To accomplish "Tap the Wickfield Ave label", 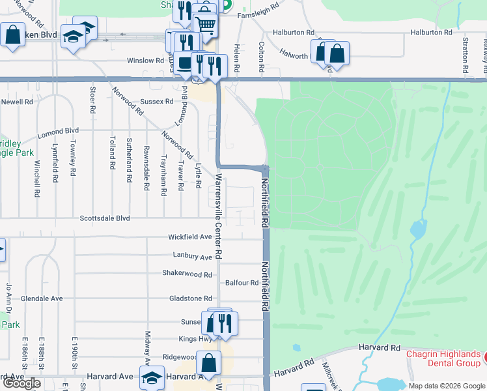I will pyautogui.click(x=190, y=237).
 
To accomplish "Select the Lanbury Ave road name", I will pyautogui.click(x=193, y=257).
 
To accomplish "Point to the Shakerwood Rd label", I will pyautogui.click(x=188, y=274).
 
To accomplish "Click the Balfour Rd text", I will pyautogui.click(x=242, y=283).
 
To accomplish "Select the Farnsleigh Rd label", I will pyautogui.click(x=258, y=15).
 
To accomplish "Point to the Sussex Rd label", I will pyautogui.click(x=157, y=102).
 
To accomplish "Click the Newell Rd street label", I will pyautogui.click(x=17, y=102).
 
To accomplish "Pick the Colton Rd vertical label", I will pyautogui.click(x=261, y=58).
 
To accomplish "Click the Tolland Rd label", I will pyautogui.click(x=113, y=149).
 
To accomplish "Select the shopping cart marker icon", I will pyautogui.click(x=205, y=24).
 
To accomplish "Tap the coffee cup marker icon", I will pyautogui.click(x=186, y=62).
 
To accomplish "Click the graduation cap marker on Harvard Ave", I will pyautogui.click(x=152, y=378).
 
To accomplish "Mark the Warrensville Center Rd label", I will pyautogui.click(x=219, y=215).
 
